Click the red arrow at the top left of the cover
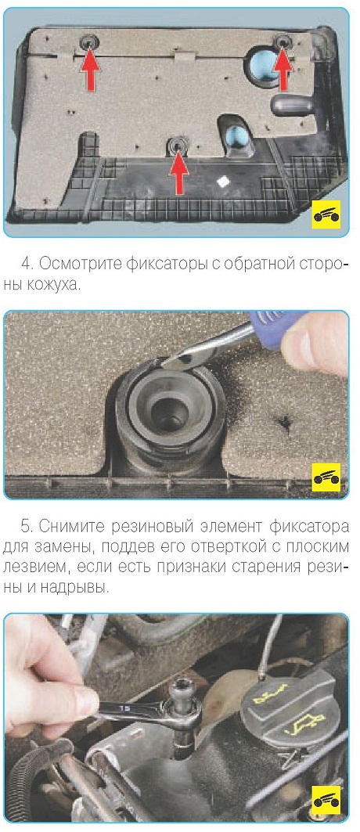[x=91, y=59]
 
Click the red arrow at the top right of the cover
[x=283, y=62]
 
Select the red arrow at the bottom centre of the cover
[x=178, y=171]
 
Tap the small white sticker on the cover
[x=224, y=180]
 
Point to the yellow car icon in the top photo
[x=326, y=214]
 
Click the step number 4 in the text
[x=25, y=264]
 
